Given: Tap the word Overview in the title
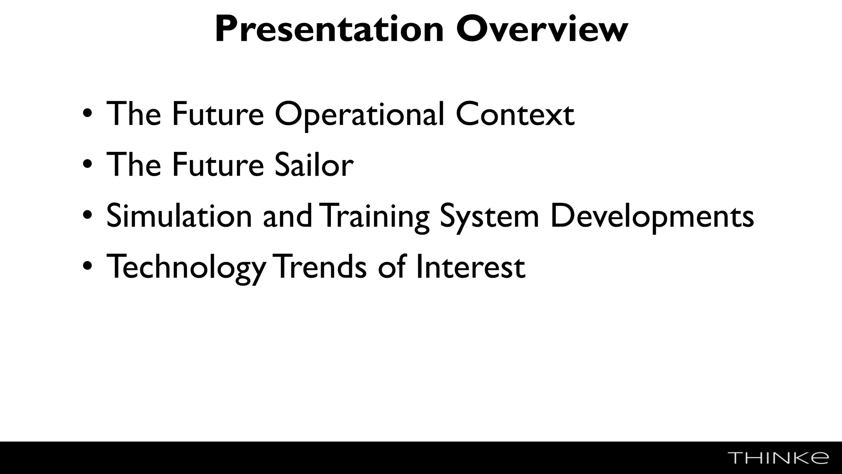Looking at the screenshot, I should coord(542,30).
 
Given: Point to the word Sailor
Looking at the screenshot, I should coord(314,165).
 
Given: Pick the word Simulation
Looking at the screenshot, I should coord(179,216).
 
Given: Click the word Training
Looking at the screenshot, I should coord(374,217).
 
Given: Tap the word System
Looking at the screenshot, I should coord(489,217).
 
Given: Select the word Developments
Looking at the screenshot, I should coord(652,217).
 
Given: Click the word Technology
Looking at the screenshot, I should coord(186,267).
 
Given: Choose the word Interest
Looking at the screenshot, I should coord(470,267).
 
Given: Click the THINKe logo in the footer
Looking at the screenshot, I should coord(778,458).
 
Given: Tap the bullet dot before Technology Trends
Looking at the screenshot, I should coord(88,266).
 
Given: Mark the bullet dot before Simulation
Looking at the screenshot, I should coord(88,215).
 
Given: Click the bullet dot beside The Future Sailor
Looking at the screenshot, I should coord(88,164).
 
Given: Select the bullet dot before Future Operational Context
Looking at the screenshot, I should coord(88,113).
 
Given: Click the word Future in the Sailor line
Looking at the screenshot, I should coord(217,165).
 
